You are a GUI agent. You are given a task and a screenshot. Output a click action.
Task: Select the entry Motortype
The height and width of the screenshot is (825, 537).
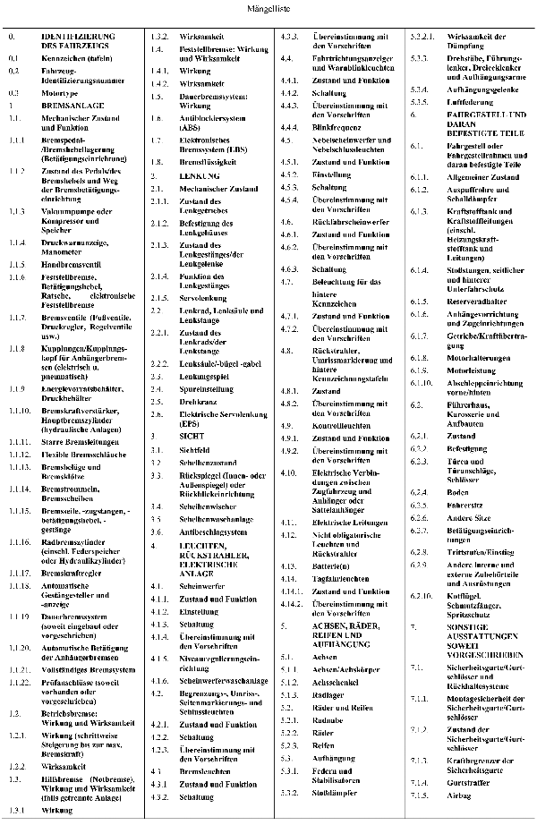point(57,92)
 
